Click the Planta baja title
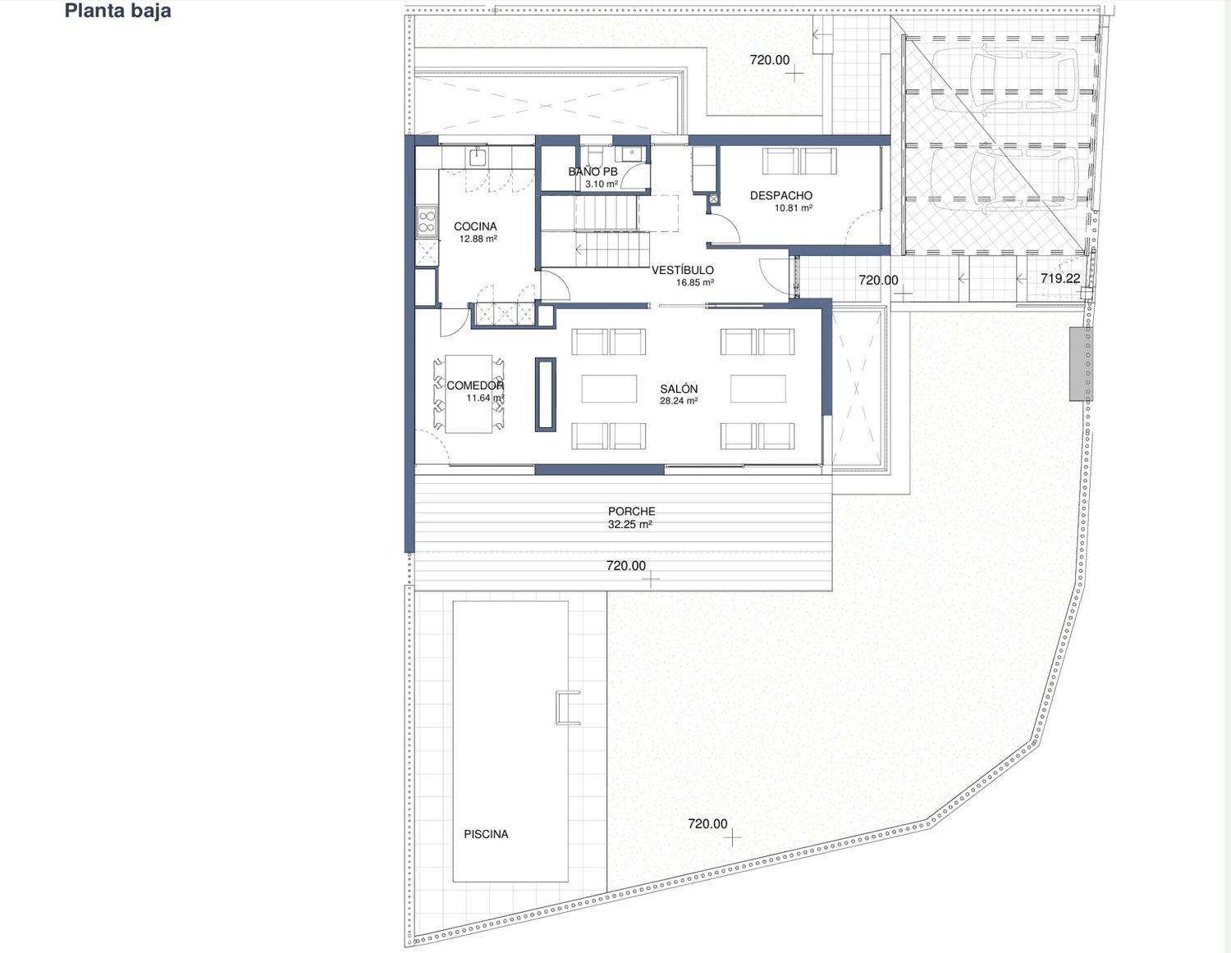(x=118, y=11)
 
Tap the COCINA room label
(x=475, y=226)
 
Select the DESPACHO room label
(x=780, y=195)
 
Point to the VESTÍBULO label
(x=683, y=270)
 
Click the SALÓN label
(x=679, y=389)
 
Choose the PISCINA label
(x=486, y=834)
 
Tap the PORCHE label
(x=632, y=511)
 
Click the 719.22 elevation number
(x=1060, y=278)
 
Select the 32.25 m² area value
(x=630, y=525)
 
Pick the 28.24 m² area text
(x=679, y=401)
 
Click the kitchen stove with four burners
(x=427, y=221)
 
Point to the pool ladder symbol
(x=568, y=708)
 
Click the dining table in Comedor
(x=469, y=394)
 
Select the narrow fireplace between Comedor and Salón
(x=546, y=394)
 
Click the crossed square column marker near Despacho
(x=714, y=198)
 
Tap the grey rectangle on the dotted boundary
(x=1081, y=364)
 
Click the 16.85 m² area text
(x=695, y=282)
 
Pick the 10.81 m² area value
(x=794, y=207)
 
